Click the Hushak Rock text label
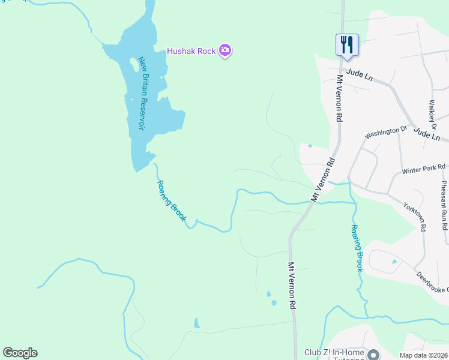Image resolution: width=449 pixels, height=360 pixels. pos(191,51)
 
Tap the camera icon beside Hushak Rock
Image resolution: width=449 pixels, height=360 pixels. pos(225,50)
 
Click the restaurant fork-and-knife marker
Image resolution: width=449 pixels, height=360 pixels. pos(347,44)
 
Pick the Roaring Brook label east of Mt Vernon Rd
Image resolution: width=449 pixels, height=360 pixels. pos(357,248)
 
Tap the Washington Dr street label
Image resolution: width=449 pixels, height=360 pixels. pos(386,131)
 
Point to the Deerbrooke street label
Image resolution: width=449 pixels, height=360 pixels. pos(432,281)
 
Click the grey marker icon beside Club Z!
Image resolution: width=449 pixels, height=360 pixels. pos(373,356)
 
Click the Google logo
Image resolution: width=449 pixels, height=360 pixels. pos(20,353)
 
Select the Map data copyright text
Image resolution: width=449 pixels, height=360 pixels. pos(423,355)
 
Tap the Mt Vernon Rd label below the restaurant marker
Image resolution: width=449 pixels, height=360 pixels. pos(339,98)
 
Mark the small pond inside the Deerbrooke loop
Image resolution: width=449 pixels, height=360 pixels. pos(394,262)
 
